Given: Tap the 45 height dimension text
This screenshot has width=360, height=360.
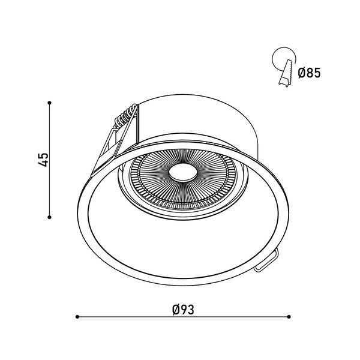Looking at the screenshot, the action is click(x=43, y=160).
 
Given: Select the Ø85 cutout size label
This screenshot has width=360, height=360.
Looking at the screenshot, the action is click(x=309, y=73).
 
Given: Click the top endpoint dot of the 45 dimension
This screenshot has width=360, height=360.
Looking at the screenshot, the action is click(x=49, y=103).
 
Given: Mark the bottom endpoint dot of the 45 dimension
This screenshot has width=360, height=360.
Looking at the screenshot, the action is click(x=49, y=217).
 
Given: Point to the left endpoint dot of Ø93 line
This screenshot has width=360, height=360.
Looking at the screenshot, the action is click(x=77, y=317).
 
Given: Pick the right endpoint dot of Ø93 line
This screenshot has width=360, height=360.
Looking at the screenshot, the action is click(x=289, y=317).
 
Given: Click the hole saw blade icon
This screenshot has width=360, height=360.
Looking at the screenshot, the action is click(x=286, y=73).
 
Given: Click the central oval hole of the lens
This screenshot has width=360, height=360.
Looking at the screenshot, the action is click(x=183, y=173).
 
